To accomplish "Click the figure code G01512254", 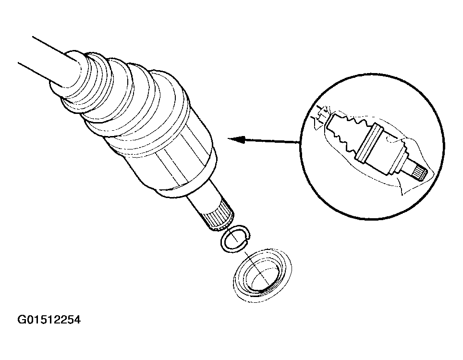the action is point(49,320).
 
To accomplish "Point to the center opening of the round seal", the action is point(263,278).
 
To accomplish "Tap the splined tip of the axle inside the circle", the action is point(420,174).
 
